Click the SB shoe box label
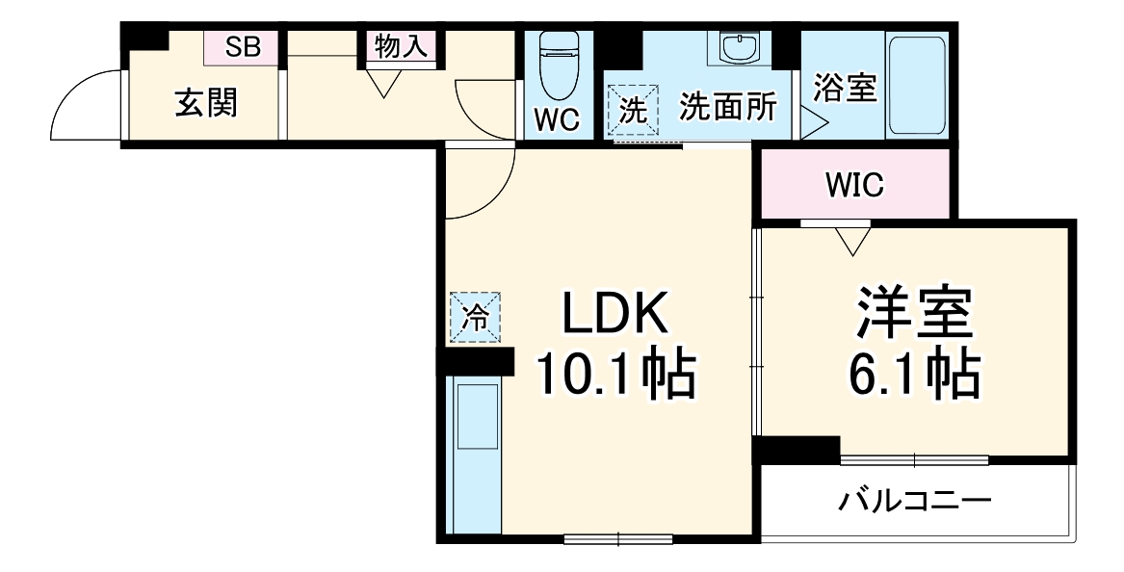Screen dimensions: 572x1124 coord(243,46)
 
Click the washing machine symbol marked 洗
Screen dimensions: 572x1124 coord(633,110)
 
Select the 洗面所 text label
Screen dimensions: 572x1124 coord(727,108)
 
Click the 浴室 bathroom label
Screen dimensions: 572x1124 coord(845,89)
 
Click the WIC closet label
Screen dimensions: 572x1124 coord(853,186)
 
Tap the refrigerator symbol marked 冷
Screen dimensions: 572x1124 coord(475,317)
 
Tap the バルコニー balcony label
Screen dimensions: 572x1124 coord(914,502)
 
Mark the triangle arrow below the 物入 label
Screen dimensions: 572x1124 coord(385,85)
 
